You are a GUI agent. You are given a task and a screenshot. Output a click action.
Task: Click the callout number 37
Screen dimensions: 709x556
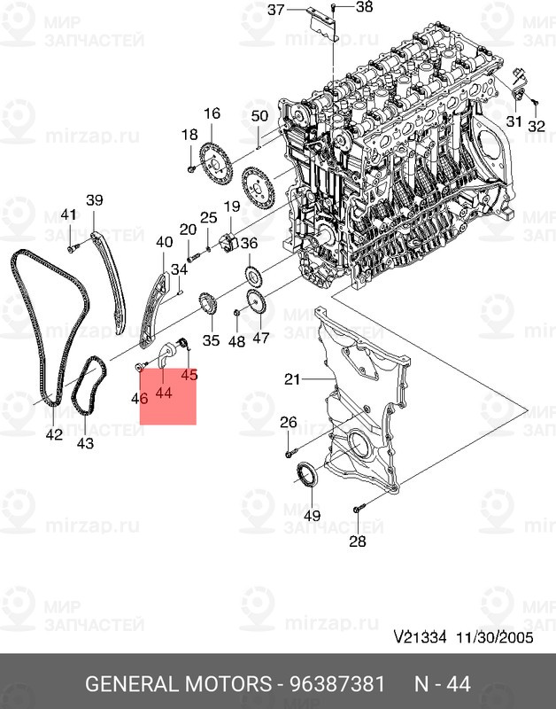pos(275,10)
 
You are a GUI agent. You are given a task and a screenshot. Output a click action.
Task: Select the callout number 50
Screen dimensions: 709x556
pos(259,116)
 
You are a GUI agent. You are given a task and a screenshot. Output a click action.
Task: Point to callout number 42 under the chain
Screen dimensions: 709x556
pos(54,434)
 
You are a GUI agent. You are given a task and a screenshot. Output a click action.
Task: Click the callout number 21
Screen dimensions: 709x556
pos(293,380)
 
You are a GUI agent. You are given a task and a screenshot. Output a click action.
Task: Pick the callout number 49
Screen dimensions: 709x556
pos(311,515)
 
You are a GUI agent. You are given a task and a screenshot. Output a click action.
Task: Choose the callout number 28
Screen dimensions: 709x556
pos(357,541)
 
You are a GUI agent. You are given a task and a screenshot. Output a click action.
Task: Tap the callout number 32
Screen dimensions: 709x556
pos(536,127)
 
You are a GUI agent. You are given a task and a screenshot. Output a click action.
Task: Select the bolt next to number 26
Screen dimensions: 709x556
pos(290,453)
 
